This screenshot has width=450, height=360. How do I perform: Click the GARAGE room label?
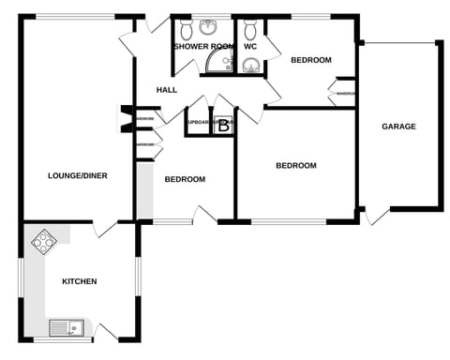398,127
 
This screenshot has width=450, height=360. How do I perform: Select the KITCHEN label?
79,281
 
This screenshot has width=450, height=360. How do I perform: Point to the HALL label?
167,90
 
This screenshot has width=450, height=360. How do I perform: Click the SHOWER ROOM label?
202,46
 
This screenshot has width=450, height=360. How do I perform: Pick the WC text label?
250,46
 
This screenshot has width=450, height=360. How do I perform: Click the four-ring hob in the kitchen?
43,243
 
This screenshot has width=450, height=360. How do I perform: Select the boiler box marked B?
223,128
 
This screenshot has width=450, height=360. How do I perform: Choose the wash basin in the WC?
250,64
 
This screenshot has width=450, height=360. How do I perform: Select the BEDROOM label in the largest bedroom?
295,166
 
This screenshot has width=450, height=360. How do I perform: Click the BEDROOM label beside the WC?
310,60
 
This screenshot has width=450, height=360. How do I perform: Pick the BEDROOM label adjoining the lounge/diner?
185,179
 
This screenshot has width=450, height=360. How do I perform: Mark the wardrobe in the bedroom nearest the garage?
344,94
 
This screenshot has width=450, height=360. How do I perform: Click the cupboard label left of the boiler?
198,123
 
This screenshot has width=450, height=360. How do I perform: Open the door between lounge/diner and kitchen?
105,228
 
